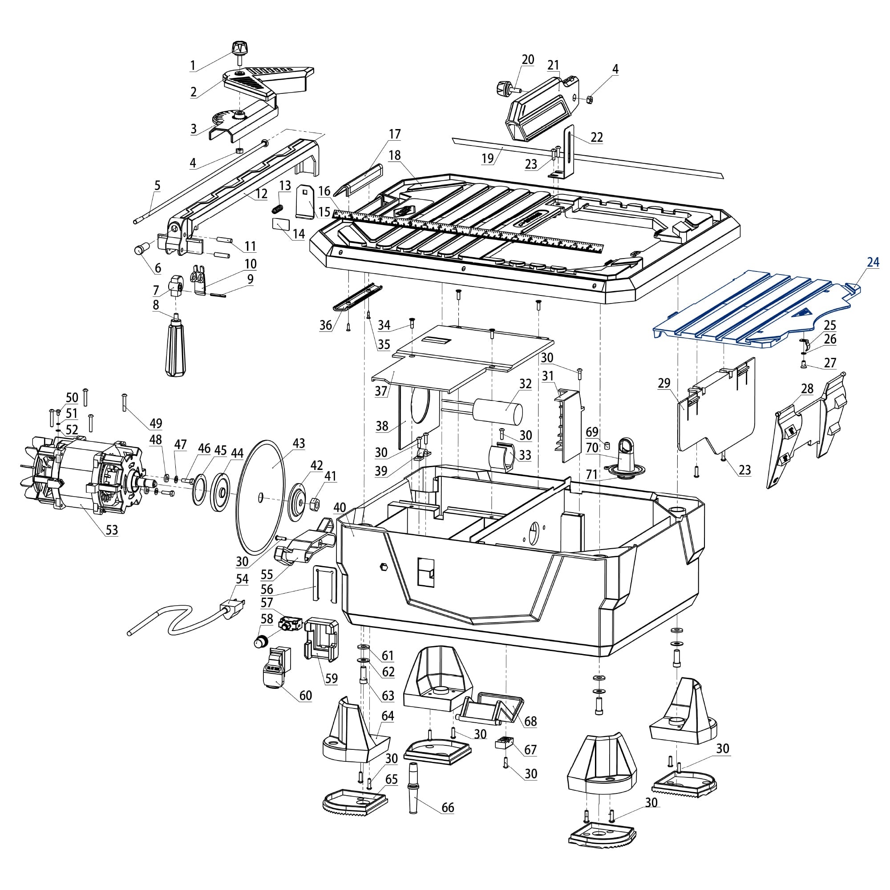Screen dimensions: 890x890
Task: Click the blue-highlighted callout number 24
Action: [873, 263]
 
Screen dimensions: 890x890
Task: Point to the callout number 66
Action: [447, 821]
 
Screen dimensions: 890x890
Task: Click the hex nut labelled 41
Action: [316, 505]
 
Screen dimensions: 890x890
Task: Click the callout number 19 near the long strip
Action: [487, 158]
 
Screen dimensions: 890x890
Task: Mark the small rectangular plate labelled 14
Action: [281, 224]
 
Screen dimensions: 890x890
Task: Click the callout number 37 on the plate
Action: [381, 391]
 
